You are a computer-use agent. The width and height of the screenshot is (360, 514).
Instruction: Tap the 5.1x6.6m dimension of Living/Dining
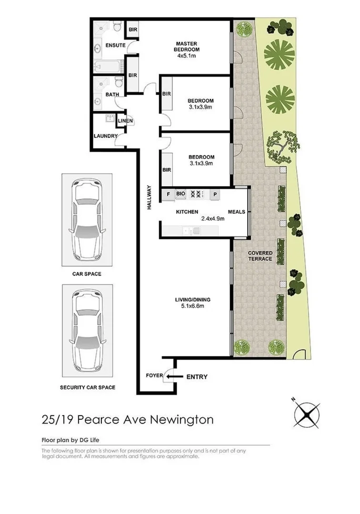click(x=192, y=306)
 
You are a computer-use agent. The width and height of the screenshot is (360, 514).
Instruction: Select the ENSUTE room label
click(x=115, y=46)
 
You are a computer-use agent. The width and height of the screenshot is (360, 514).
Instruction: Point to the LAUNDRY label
click(x=105, y=136)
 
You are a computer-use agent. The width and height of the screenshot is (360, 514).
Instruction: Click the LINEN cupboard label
click(x=125, y=121)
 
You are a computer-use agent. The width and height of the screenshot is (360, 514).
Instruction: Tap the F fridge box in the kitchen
click(x=168, y=194)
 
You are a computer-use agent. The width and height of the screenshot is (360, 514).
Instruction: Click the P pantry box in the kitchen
click(x=215, y=194)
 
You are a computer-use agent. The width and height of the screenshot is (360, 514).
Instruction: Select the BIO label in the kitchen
click(x=180, y=194)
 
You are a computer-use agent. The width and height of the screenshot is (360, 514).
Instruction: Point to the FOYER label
click(x=154, y=376)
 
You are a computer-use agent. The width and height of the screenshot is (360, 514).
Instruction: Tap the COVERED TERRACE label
click(x=260, y=256)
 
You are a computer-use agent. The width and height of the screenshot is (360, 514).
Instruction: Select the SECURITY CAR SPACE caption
click(x=87, y=387)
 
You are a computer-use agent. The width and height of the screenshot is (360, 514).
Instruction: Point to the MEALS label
click(x=236, y=212)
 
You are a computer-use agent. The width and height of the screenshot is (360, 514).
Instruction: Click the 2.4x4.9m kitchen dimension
click(x=213, y=219)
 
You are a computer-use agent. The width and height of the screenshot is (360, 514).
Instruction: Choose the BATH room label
click(x=112, y=95)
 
